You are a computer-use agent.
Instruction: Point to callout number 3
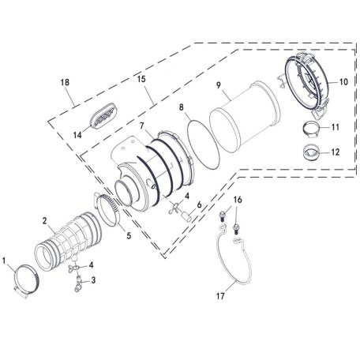coord(93,279)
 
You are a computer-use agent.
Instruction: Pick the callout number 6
coord(200,204)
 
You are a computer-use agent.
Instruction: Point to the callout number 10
coord(343,81)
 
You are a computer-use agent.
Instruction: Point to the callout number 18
coord(64,82)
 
